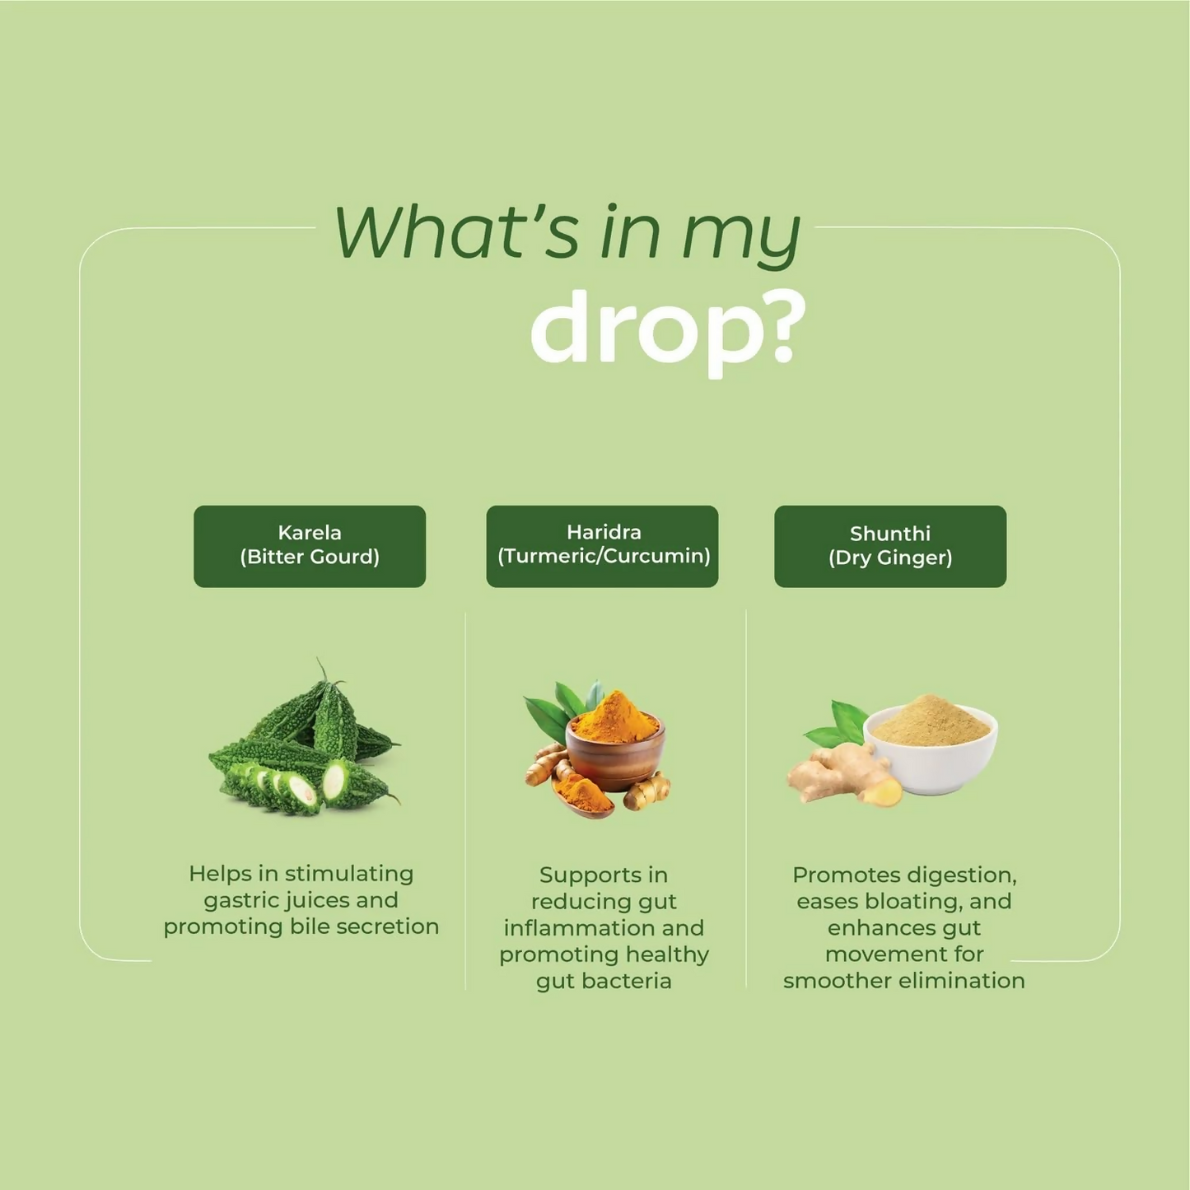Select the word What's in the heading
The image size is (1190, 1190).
click(x=456, y=233)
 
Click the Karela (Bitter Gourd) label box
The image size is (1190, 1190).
click(x=310, y=546)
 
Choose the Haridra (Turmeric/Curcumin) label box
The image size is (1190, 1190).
click(x=602, y=546)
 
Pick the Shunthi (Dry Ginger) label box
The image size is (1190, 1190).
click(x=890, y=546)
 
